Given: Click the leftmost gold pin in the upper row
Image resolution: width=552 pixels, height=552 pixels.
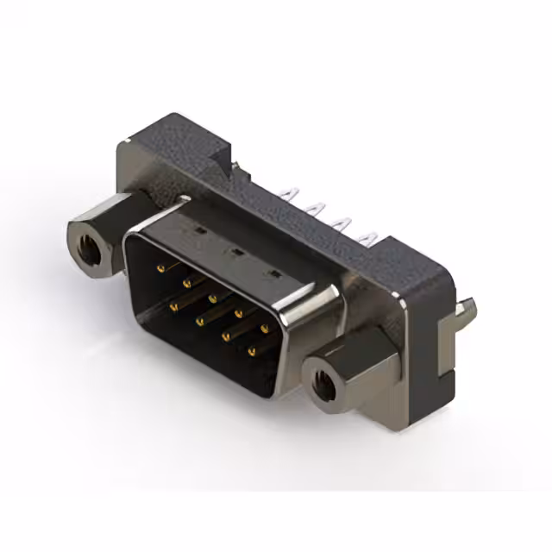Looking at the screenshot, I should point(161,269).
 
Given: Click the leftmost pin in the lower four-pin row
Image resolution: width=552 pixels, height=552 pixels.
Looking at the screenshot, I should point(173,305).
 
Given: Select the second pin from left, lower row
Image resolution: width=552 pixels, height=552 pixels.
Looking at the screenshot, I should point(200,321).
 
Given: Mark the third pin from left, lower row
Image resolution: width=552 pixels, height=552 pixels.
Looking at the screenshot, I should point(226,336).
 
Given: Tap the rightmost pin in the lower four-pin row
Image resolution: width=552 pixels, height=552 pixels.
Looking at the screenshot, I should point(252,352).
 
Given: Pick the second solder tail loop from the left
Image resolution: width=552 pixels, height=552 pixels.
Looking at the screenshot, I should point(317,207).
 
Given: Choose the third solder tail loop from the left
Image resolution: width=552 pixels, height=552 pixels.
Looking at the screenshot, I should point(344,221).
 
